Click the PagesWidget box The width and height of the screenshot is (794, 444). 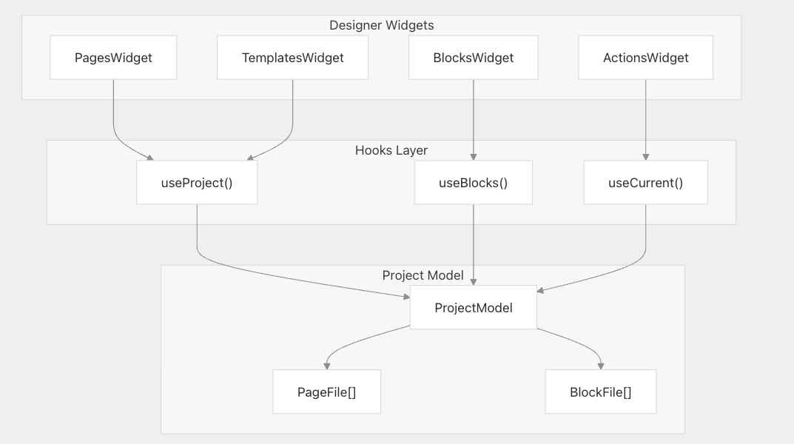click(x=113, y=58)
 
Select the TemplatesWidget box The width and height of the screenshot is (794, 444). click(x=293, y=58)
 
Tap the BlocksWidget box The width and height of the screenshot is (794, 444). click(x=474, y=58)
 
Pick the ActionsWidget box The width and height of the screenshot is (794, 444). click(x=645, y=58)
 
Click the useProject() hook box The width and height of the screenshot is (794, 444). click(x=197, y=183)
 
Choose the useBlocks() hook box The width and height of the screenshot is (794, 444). click(x=474, y=183)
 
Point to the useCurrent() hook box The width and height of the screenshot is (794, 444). click(x=645, y=183)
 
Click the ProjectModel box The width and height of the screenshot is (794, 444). click(x=474, y=307)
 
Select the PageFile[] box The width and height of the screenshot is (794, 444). click(x=326, y=392)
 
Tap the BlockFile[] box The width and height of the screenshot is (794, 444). click(x=601, y=392)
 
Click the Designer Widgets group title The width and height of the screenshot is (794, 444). click(x=381, y=25)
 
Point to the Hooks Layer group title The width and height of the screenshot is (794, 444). click(x=391, y=150)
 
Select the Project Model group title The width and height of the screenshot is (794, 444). click(x=423, y=275)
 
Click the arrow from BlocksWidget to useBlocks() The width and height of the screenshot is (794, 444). click(x=474, y=120)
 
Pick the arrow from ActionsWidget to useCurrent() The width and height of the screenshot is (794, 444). click(x=645, y=120)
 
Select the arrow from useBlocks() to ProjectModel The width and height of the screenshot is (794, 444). click(x=474, y=245)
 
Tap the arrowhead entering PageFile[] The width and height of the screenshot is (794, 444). click(x=327, y=366)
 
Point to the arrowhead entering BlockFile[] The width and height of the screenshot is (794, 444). click(x=601, y=366)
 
